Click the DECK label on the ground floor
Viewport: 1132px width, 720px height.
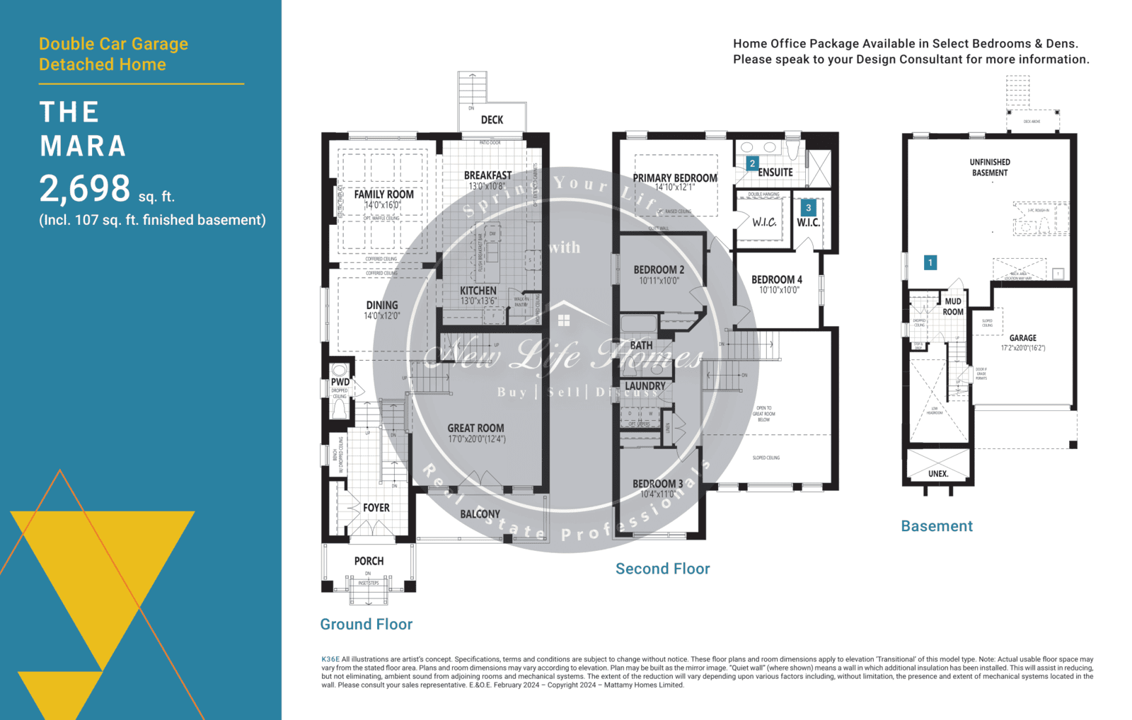(492, 120)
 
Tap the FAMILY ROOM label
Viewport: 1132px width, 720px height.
(383, 194)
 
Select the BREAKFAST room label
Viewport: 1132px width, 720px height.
(487, 175)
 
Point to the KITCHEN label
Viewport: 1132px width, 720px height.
(478, 291)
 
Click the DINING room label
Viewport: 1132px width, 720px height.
(382, 306)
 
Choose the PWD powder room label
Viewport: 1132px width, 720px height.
(340, 382)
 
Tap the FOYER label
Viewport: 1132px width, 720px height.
(376, 508)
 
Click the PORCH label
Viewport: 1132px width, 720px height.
(369, 561)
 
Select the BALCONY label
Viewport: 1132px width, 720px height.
(480, 514)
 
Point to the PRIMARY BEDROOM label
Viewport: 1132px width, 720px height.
(674, 178)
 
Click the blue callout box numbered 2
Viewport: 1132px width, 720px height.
(752, 163)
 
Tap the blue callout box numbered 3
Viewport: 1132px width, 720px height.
(808, 208)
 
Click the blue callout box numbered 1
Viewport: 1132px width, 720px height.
(930, 262)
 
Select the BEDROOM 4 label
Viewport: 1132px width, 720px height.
(777, 280)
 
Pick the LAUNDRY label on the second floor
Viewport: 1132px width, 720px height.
(645, 386)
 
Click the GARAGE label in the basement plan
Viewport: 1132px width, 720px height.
(1022, 338)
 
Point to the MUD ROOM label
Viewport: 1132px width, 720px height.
(953, 306)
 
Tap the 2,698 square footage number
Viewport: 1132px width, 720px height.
(85, 189)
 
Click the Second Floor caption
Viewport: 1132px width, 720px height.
(662, 569)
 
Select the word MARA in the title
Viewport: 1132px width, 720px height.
(83, 146)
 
